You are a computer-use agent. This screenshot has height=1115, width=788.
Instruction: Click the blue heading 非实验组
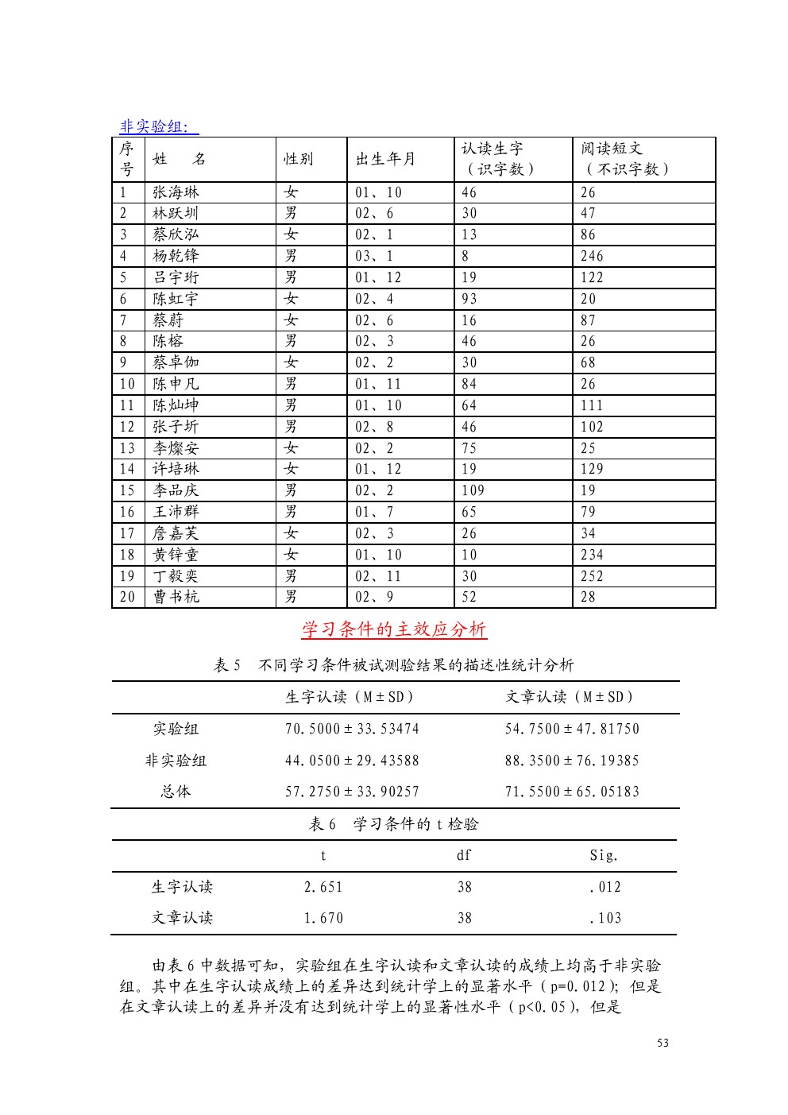coord(158,126)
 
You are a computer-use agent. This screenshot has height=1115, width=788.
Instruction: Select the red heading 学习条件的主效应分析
coord(394,629)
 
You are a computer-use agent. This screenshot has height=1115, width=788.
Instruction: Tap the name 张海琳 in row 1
coord(176,192)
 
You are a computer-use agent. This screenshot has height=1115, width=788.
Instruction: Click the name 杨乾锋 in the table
coord(176,256)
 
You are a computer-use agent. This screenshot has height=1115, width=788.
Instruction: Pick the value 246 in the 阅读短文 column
coord(592,256)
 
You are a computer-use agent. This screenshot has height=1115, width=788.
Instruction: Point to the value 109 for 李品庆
coord(473,490)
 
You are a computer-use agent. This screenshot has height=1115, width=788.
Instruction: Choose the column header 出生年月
coord(385,159)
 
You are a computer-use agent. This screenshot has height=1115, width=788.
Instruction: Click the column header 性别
coord(299,159)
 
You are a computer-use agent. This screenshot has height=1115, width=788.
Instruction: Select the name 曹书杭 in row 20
coord(176,597)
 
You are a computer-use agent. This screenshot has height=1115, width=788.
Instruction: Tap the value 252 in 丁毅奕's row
coord(592,576)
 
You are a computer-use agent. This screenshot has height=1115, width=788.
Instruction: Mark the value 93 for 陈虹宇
coord(469,299)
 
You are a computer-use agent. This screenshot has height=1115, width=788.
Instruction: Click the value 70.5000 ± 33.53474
coord(352,729)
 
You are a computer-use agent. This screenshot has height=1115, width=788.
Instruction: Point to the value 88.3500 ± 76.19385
coord(572,761)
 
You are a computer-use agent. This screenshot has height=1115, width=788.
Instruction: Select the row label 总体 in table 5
coord(176,792)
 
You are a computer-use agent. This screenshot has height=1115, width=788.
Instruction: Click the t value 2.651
coord(323,887)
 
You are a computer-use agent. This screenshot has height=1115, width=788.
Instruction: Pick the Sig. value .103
coord(605,918)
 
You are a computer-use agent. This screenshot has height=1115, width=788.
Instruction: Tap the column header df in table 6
coord(464,855)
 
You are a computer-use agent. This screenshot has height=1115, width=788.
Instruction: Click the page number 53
coord(662,1043)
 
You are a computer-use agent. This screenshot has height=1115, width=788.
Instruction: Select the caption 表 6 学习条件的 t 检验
coord(394,824)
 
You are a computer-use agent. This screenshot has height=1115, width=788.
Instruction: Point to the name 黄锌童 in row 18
coord(176,555)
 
